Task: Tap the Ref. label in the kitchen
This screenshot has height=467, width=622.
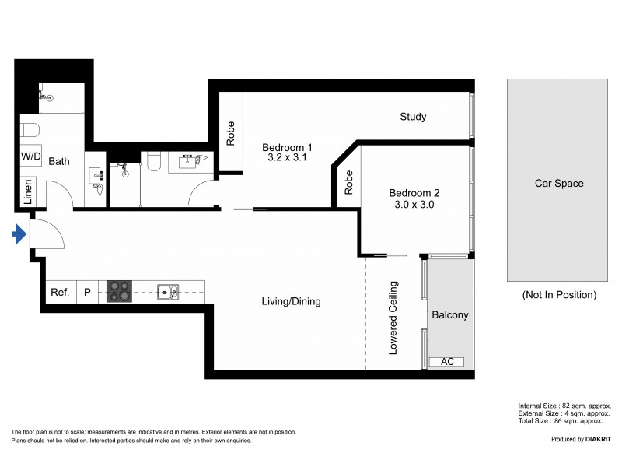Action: (60, 293)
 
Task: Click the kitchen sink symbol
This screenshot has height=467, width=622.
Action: (167, 292)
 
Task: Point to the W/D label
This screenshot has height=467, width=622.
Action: (32, 156)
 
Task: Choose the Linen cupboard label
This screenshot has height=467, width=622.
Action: (28, 192)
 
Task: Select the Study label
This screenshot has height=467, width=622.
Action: (413, 118)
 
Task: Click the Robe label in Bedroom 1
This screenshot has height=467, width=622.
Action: (231, 134)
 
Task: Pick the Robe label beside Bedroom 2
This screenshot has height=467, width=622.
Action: (349, 182)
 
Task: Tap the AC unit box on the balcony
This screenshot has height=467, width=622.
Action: (446, 362)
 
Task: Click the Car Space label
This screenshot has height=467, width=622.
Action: (558, 184)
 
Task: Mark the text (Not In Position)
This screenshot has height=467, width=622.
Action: (558, 295)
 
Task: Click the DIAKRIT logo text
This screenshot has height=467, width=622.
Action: (594, 440)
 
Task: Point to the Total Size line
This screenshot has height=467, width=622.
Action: (564, 420)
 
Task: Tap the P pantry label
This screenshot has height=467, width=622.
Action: (88, 293)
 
